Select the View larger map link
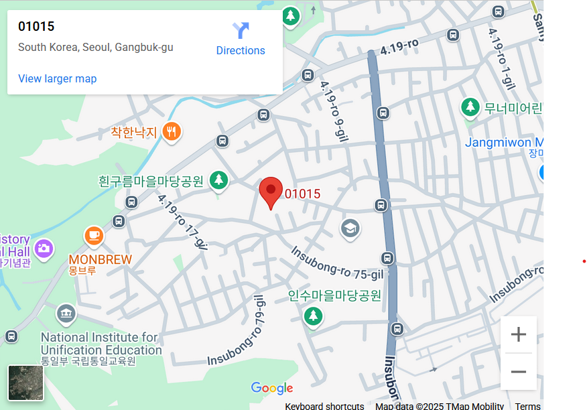[x=58, y=78]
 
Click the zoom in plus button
[x=518, y=334]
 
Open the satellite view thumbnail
[x=26, y=383]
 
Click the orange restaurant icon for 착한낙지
[x=172, y=131]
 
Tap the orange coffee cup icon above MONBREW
[x=94, y=236]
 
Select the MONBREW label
[x=101, y=259]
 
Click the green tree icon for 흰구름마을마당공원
[x=218, y=180]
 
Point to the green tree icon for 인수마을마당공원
[x=313, y=316]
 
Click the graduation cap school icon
[x=350, y=229]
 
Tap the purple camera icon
[x=44, y=249]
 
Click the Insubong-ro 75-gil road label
[x=337, y=263]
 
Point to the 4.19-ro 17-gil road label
[x=182, y=220]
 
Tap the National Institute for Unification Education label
[x=101, y=344]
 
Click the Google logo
[x=271, y=388]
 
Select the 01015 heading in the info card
[x=36, y=27]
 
